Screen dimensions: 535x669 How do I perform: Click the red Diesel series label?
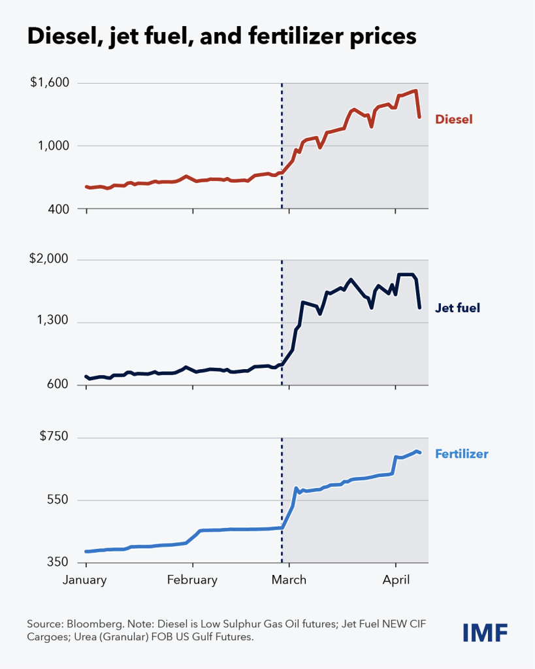[x=453, y=119]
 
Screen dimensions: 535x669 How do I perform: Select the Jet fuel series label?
[x=457, y=308]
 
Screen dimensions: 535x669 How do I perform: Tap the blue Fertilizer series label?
[x=462, y=453]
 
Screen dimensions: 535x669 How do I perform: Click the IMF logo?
[x=485, y=632]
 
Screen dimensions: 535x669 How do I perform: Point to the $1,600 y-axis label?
[x=50, y=82]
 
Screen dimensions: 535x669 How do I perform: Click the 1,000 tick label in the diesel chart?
[x=54, y=146]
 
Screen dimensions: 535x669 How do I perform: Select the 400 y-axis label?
[x=58, y=209]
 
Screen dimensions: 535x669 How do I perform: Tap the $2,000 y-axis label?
[x=48, y=259]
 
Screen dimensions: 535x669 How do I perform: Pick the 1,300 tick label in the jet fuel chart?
[x=52, y=320]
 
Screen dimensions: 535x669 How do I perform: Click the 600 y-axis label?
[x=58, y=384]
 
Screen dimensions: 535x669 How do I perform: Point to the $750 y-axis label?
[x=54, y=436]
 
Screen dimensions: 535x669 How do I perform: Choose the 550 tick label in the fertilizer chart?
[x=58, y=499]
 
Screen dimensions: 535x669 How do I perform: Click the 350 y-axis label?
[x=58, y=562]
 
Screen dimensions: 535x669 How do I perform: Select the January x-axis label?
[x=84, y=580]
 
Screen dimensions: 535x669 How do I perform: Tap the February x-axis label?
[x=193, y=580]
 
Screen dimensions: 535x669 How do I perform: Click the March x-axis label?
[x=289, y=580]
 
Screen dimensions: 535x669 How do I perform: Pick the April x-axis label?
[x=396, y=580]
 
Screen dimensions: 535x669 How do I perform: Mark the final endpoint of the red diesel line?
[x=420, y=117]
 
